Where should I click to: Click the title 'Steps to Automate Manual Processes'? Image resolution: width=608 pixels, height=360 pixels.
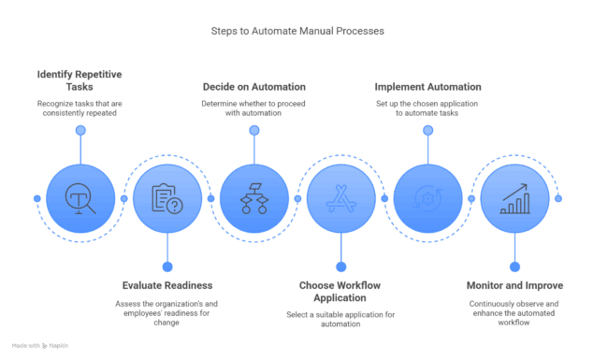click(x=297, y=31)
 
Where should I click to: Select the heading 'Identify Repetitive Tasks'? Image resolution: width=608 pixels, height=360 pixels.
click(x=80, y=79)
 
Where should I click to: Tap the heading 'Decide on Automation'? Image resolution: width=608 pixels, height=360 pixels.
click(x=253, y=86)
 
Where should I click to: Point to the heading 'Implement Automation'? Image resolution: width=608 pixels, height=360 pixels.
click(x=427, y=86)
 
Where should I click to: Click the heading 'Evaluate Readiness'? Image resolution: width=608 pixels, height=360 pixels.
click(x=166, y=284)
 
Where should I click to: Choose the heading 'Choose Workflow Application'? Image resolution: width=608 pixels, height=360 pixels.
click(x=340, y=290)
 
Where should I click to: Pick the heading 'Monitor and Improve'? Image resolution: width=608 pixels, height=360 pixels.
click(x=514, y=284)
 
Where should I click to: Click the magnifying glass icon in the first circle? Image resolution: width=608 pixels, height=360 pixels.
click(x=80, y=198)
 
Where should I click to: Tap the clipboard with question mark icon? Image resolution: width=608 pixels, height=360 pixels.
click(x=166, y=198)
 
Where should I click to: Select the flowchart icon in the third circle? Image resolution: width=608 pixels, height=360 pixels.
click(x=253, y=198)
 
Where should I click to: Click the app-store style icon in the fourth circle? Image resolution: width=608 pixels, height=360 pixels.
click(x=340, y=198)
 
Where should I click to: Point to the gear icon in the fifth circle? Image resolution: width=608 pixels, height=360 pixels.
click(x=427, y=198)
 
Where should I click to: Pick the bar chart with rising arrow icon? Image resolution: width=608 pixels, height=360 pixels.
click(x=514, y=198)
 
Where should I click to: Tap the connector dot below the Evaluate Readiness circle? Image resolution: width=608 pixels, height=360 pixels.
click(x=166, y=266)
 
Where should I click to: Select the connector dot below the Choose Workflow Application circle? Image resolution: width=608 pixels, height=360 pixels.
click(x=340, y=266)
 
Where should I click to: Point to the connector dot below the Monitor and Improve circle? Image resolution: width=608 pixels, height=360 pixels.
click(x=514, y=266)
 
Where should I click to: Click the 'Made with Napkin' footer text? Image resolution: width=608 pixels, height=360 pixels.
click(x=40, y=346)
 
